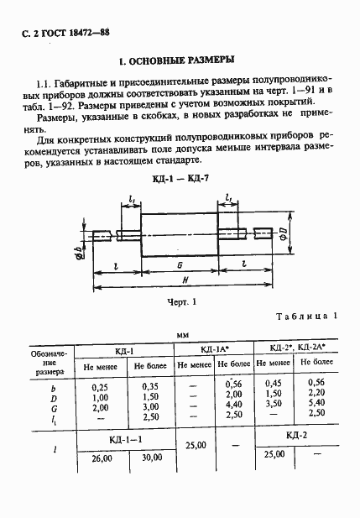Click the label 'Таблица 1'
pos(306,316)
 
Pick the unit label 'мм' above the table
pos(181,334)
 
